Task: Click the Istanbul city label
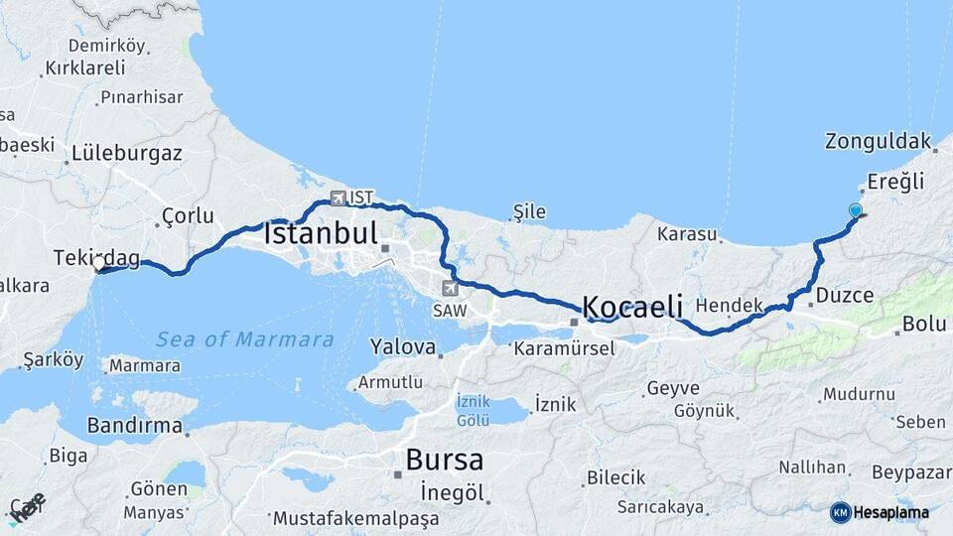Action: pos(320,235)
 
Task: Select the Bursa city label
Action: pos(444,461)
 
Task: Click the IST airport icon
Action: pos(339,198)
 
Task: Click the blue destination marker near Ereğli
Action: pos(856,210)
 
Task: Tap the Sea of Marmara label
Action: pos(244,339)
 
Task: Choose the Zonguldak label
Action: pos(879,141)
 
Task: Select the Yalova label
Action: pos(402,347)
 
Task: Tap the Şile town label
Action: pos(529,211)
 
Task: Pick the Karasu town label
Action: pos(686,235)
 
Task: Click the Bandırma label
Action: pos(136,427)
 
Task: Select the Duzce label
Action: pos(844,295)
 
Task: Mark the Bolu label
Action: pos(923,325)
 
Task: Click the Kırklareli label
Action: pos(85,68)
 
